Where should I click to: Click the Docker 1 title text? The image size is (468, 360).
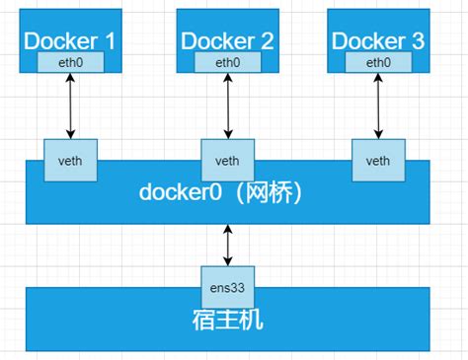pos(69,40)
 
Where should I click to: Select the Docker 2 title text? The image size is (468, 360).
pos(227,40)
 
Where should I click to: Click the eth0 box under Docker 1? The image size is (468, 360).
pos(69,62)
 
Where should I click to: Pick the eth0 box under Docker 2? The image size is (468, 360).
pos(228,62)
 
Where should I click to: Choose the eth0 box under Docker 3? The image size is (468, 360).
pos(378,62)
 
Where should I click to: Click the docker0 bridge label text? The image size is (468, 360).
pos(219,193)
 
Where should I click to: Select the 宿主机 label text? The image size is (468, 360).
pos(228,320)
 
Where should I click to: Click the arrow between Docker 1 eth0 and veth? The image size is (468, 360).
pos(70,107)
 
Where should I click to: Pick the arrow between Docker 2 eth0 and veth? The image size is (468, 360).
pos(228,107)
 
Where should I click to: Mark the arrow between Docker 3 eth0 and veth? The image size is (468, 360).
pos(378,107)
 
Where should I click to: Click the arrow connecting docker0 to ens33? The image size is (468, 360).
pos(228,245)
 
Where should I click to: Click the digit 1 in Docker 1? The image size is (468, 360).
pos(109,40)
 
